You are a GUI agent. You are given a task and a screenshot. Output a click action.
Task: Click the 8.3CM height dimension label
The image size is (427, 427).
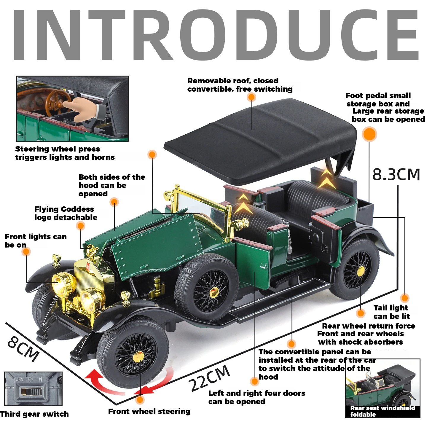(396, 174)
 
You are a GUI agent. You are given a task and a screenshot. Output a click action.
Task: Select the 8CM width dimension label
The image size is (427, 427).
(23, 349)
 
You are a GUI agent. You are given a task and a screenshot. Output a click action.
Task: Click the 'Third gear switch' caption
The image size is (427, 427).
(34, 414)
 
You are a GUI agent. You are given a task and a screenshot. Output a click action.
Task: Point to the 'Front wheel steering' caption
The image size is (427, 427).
(149, 411)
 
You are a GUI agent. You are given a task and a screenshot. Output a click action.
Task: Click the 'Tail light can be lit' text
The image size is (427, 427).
(391, 312)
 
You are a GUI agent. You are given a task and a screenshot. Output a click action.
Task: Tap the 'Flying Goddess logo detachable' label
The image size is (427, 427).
(66, 213)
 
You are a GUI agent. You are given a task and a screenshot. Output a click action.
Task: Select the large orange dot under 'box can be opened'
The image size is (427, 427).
(369, 134)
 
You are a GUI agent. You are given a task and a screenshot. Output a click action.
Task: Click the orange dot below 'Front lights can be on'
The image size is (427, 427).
(26, 252)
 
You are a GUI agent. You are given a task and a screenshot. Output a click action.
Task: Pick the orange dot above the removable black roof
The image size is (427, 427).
(251, 97)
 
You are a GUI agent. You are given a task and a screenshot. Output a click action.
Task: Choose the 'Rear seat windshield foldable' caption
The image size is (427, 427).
(382, 411)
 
